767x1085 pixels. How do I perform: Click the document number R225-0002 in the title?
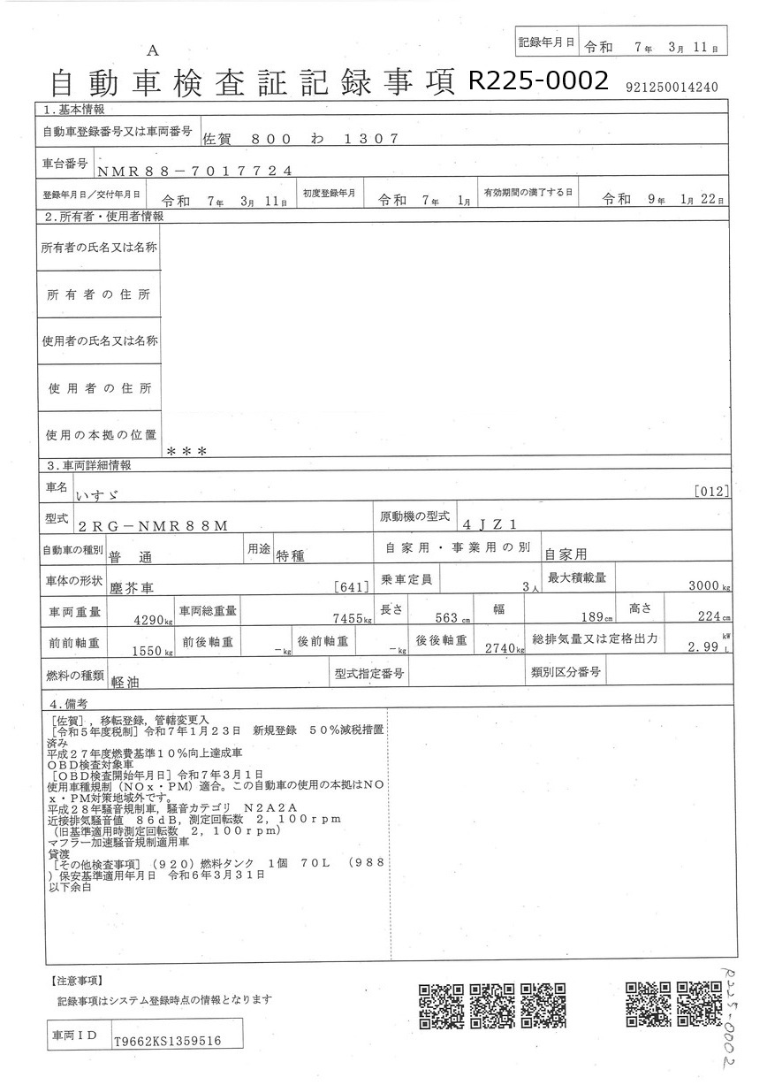tap(538, 81)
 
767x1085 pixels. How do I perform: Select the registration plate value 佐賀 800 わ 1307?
tap(300, 139)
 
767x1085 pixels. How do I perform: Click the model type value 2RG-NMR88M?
tap(153, 525)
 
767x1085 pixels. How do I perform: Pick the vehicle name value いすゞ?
tap(100, 496)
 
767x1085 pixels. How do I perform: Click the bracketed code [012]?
tap(711, 491)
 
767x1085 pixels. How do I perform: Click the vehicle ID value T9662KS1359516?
tap(167, 1042)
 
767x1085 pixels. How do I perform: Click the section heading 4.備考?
tap(69, 704)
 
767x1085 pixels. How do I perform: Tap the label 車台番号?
tap(65, 164)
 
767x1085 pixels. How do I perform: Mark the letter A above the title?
tap(154, 50)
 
